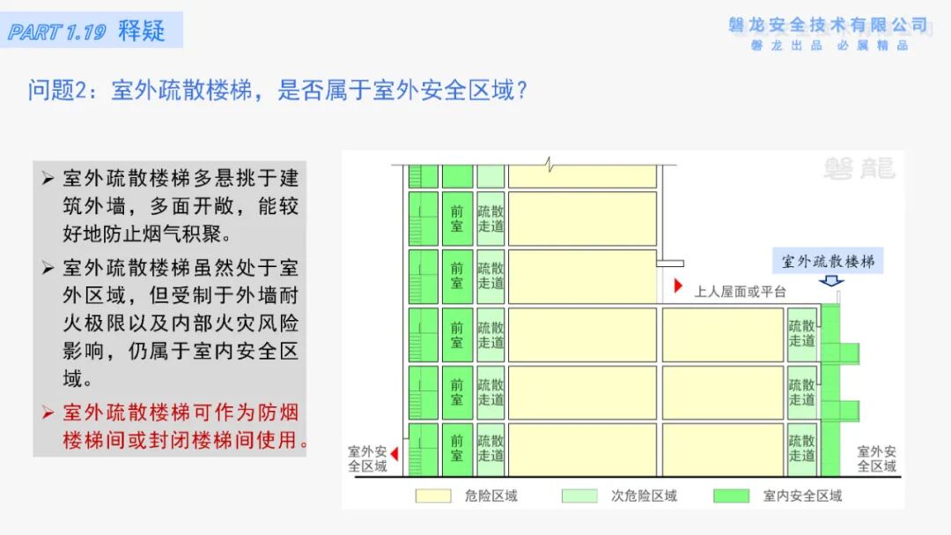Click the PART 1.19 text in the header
coord(57,33)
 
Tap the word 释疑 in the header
coord(142,31)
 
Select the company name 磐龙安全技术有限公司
coord(829,25)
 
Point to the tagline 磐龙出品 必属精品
coord(829,46)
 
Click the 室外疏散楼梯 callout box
coord(829,261)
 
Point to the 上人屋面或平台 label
coord(740,291)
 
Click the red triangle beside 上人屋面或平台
coord(678,286)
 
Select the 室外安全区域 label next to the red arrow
coord(368,458)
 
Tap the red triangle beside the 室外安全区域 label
coord(394,454)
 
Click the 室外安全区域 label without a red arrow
coord(877,458)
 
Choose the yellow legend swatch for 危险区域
coord(432,496)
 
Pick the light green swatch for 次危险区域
coord(579,496)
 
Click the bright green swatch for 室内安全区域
coord(732,496)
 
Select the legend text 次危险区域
coord(645,496)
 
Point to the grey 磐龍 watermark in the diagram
coord(859,168)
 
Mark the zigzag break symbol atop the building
coord(549,164)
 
